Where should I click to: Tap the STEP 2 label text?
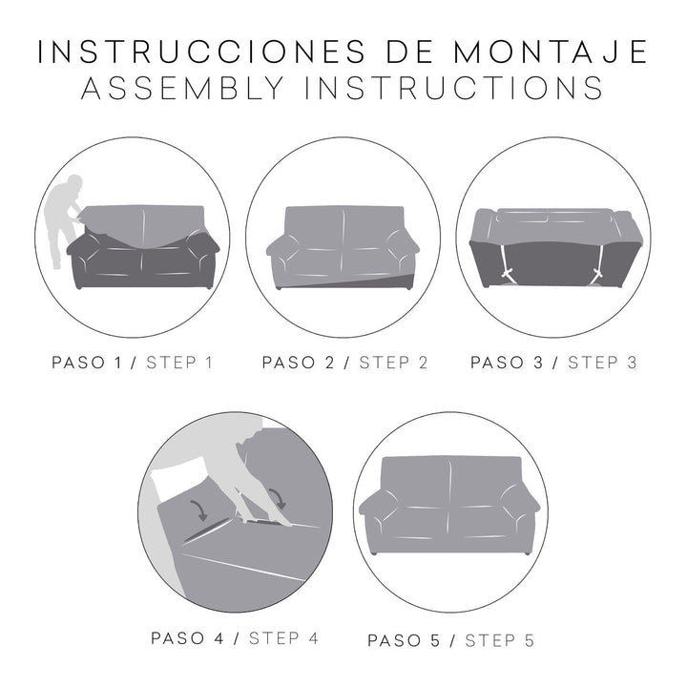pos(394,362)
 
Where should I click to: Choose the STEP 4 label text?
pos(282,636)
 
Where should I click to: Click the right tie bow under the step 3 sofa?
pos(599,276)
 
